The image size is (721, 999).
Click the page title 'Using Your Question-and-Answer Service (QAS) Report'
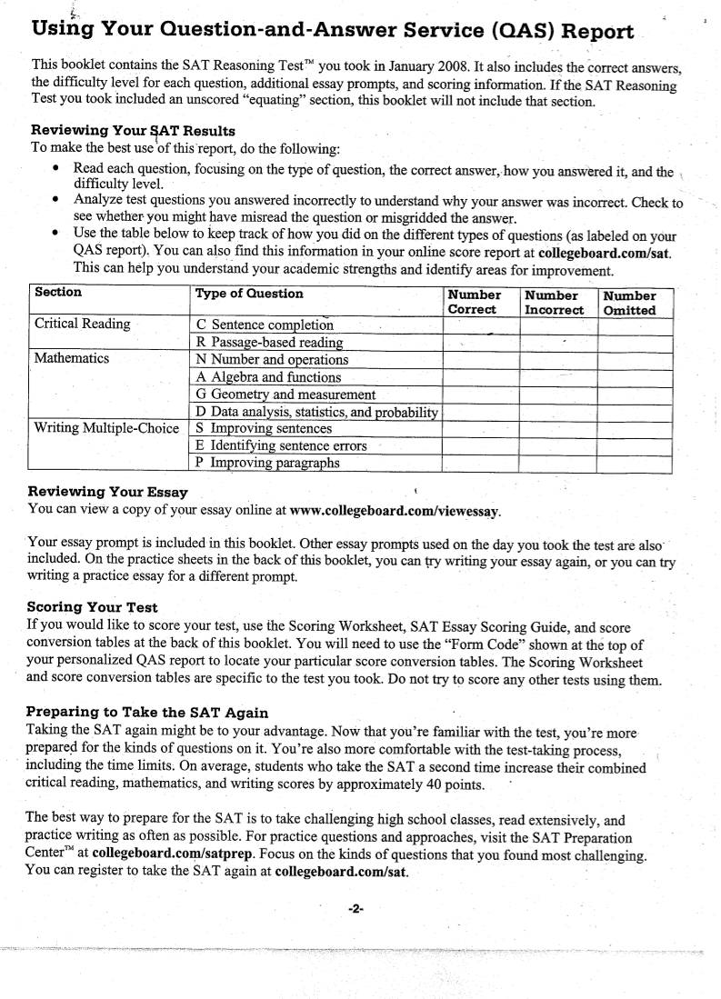(333, 31)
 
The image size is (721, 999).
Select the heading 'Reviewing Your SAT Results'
(133, 131)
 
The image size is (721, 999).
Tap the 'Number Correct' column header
(474, 302)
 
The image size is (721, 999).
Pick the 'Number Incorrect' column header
(554, 302)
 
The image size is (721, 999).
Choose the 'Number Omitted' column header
(629, 302)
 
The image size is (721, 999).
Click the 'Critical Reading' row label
(82, 325)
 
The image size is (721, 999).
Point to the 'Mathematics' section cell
(72, 358)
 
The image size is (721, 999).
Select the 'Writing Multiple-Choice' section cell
(106, 428)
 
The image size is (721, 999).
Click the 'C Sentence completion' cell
(265, 325)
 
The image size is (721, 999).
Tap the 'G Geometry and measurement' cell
(285, 395)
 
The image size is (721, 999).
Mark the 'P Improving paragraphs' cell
(267, 463)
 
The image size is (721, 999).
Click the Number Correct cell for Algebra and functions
(479, 376)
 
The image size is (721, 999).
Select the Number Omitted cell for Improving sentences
(634, 428)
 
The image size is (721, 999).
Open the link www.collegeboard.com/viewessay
(395, 512)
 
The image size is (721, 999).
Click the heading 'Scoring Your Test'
(93, 607)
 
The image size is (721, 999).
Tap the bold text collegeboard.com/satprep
(172, 854)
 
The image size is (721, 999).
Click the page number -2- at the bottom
(355, 908)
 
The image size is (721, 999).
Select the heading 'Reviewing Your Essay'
(108, 492)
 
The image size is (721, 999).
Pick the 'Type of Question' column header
(249, 294)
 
